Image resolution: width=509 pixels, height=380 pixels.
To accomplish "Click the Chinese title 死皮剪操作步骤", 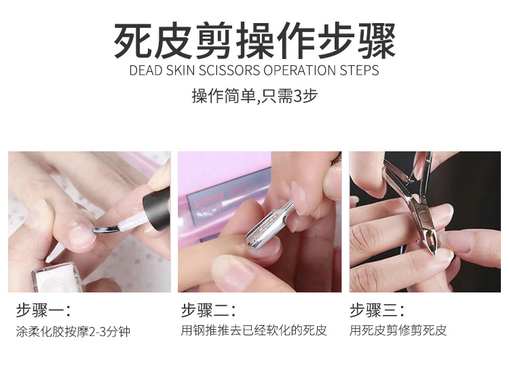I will (254, 40).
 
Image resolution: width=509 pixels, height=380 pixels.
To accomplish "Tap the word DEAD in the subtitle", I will (145, 71).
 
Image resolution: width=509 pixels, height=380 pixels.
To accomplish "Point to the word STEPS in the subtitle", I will (360, 71).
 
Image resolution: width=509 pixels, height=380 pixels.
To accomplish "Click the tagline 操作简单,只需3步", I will (254, 96).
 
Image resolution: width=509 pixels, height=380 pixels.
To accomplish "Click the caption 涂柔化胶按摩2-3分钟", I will (73, 332).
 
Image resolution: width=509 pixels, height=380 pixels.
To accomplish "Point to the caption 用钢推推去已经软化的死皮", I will (254, 331).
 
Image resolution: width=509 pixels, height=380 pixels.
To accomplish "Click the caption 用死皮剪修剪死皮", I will (398, 331).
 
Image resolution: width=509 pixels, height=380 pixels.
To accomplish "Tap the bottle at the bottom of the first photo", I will (58, 278).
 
